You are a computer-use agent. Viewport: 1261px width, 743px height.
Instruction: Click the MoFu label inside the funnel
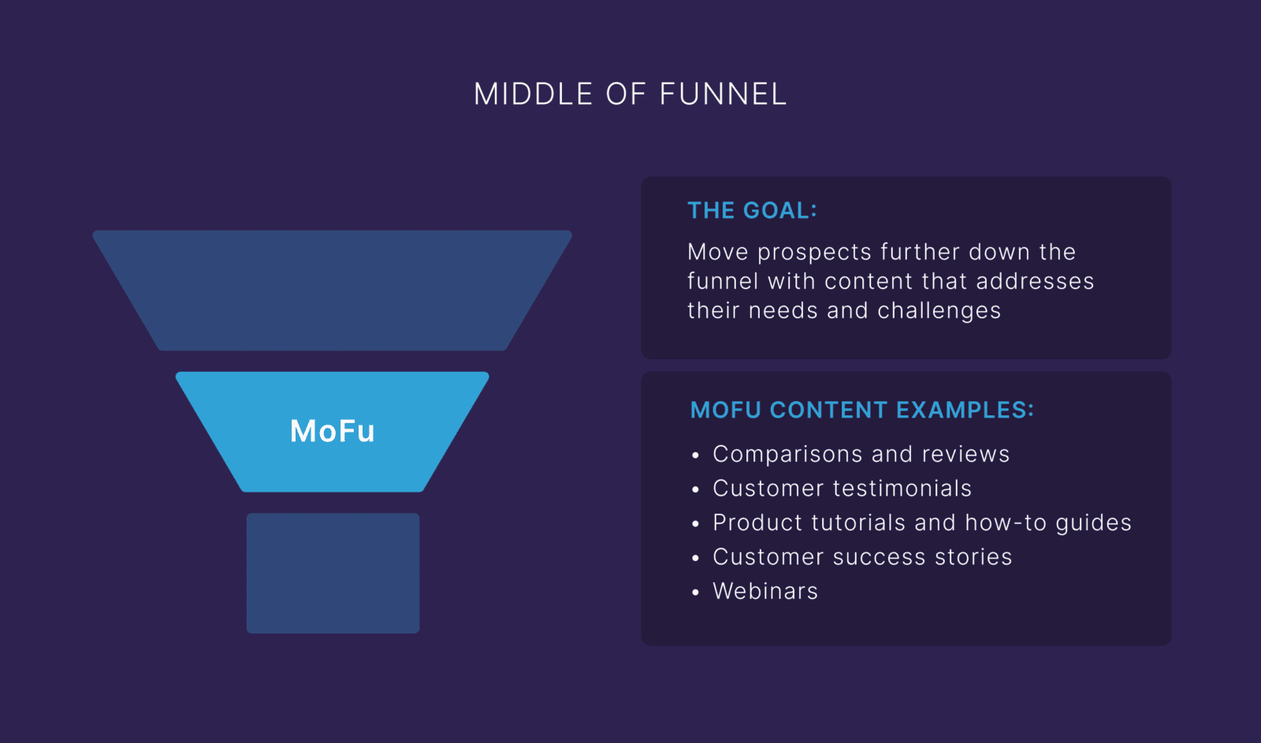tap(332, 431)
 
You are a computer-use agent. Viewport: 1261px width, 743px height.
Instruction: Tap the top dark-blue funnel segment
tap(332, 290)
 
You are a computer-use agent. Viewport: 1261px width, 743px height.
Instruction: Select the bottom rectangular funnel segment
tap(333, 573)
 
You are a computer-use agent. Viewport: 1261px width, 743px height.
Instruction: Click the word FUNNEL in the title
tap(723, 95)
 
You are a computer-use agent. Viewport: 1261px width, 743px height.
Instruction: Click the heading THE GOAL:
tap(752, 210)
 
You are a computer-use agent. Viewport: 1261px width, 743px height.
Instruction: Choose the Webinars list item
tap(764, 591)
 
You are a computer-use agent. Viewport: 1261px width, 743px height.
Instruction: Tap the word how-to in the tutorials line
tap(1006, 522)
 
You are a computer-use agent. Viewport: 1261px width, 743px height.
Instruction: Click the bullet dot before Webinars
tap(695, 593)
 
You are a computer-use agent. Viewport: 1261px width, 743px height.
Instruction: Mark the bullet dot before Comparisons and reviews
tap(695, 455)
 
